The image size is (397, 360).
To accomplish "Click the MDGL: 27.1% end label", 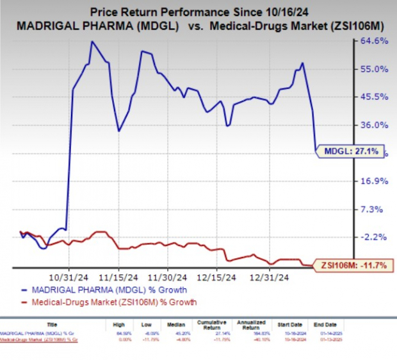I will click(x=352, y=152).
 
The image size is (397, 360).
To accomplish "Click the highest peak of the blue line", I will click(x=92, y=42).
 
